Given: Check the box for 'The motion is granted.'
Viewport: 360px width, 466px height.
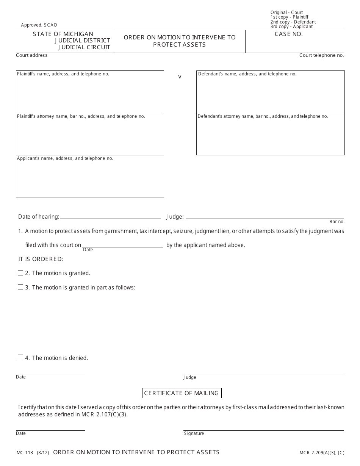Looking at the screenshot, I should pos(20,273).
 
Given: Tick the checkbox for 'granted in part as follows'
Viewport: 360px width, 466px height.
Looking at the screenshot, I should pos(20,287).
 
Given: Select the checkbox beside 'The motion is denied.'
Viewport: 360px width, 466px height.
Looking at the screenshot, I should pos(20,358).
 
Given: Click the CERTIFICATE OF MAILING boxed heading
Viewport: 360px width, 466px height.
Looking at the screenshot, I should pos(182,393).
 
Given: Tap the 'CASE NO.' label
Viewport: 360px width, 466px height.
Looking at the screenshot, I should pos(289,34).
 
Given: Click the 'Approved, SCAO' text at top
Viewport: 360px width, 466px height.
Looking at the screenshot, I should pos(39,25).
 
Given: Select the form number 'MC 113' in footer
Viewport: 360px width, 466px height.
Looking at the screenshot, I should pos(25,452).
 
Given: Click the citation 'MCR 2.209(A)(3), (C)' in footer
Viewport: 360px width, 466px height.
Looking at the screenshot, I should pos(322,452).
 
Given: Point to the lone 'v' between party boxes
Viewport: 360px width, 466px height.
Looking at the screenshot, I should pos(180,77).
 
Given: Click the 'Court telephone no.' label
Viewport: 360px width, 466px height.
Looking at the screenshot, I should pos(321,55).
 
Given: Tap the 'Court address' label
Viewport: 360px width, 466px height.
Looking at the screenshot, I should pos(32,55).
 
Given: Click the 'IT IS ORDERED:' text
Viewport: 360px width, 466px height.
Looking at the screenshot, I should pos(41,259).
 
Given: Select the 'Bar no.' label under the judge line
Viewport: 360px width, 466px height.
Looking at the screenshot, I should pos(337,222).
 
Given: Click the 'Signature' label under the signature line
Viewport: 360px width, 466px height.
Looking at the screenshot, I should pos(194,433).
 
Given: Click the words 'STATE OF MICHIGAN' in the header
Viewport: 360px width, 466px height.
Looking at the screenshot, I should pos(63,34).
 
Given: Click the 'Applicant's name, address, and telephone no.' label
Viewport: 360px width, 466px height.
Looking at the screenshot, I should pos(65,158).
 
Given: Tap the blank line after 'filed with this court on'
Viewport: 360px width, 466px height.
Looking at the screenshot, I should pos(122,246).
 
